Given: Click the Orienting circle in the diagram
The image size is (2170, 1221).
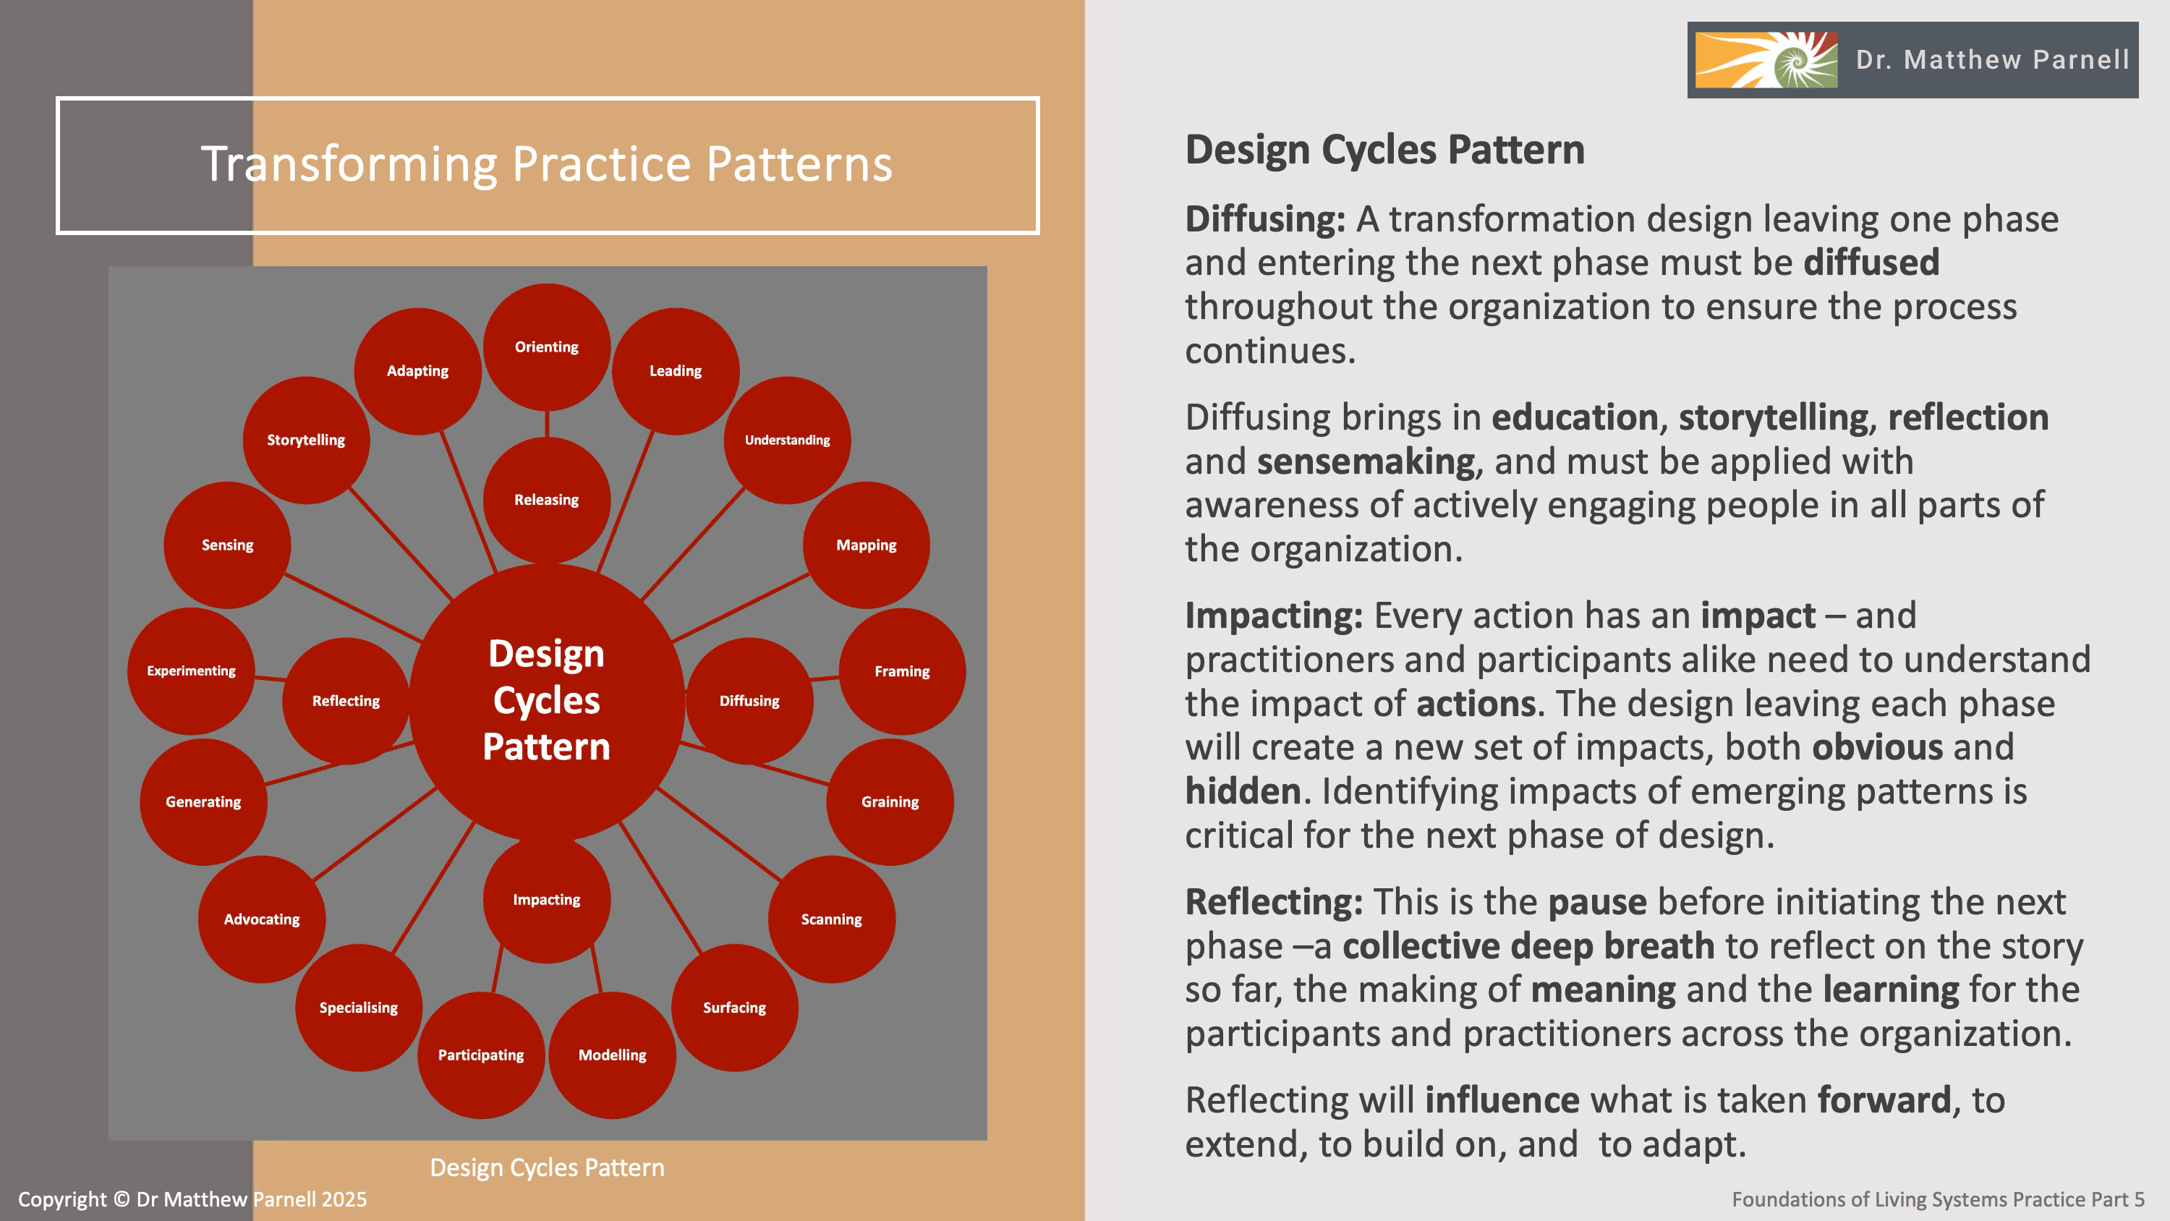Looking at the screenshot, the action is (547, 346).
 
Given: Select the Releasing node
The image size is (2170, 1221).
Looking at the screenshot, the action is (547, 500).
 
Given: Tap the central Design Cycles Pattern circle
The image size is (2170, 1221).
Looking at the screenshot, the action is (547, 700).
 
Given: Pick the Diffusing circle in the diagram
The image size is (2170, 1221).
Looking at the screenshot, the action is (749, 700).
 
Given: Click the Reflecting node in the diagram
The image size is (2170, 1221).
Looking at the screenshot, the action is (345, 700).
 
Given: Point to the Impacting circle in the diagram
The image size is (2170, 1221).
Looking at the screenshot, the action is (547, 899).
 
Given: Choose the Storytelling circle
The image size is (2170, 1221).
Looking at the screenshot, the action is (306, 440).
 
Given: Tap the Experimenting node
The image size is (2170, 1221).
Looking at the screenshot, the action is (191, 671).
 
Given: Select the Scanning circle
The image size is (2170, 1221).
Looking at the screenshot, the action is (831, 919).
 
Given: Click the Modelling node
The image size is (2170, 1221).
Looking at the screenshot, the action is (613, 1055).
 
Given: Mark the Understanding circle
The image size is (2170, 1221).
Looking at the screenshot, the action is (787, 440).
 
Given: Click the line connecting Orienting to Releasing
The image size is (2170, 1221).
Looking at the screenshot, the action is (547, 423).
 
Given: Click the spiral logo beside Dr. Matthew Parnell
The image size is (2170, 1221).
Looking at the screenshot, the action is (1766, 60).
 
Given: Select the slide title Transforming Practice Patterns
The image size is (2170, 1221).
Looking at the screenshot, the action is (547, 163).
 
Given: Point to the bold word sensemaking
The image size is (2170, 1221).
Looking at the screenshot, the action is (1366, 461).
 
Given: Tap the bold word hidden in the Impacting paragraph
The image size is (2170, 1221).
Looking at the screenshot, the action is (1243, 791).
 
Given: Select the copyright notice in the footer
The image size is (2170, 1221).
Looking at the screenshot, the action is (192, 1199).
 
